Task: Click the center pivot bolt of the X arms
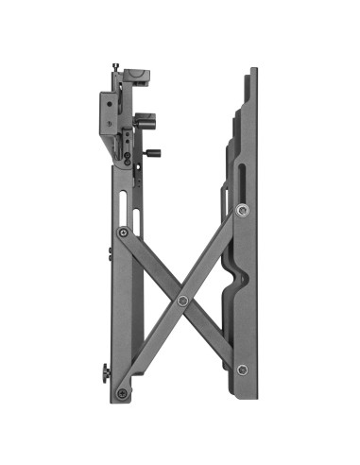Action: pyautogui.click(x=182, y=301)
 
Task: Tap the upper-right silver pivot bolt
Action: pyautogui.click(x=243, y=210)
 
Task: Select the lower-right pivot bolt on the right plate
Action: pyautogui.click(x=242, y=370)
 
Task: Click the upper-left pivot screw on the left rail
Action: pyautogui.click(x=122, y=232)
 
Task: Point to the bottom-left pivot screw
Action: pyautogui.click(x=121, y=392)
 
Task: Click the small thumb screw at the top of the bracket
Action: pyautogui.click(x=115, y=66)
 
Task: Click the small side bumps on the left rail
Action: pyautogui.click(x=110, y=253)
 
